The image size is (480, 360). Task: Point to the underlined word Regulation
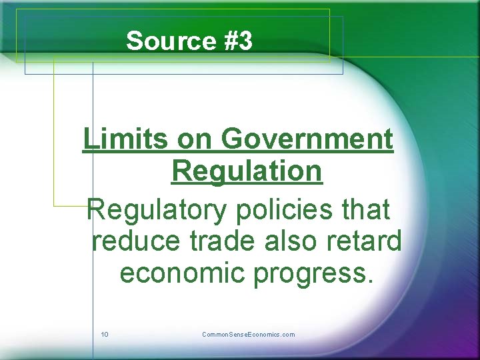pyautogui.click(x=247, y=171)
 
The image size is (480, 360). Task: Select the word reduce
pyautogui.click(x=135, y=241)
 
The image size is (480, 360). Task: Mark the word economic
pyautogui.click(x=182, y=273)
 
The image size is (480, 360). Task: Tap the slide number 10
pyautogui.click(x=105, y=335)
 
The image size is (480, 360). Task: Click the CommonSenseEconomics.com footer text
pyautogui.click(x=248, y=335)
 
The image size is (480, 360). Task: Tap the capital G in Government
pyautogui.click(x=231, y=139)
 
